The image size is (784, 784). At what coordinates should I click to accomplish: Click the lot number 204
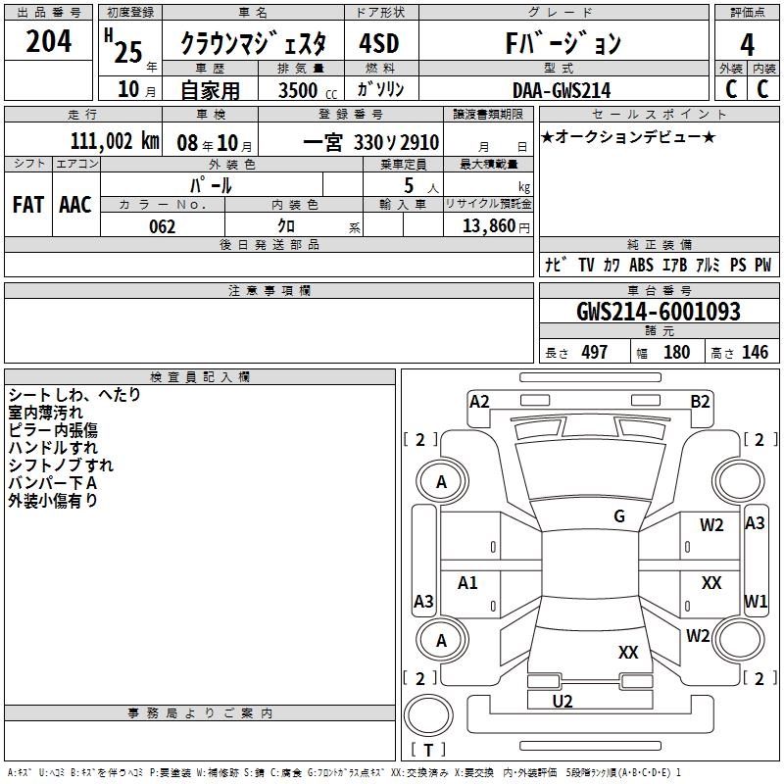(49, 41)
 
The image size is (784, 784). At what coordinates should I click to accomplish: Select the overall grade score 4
(748, 44)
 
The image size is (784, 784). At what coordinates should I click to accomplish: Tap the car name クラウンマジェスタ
(261, 44)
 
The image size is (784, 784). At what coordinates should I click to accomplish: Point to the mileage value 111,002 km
(115, 141)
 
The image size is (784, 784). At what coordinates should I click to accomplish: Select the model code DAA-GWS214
(562, 90)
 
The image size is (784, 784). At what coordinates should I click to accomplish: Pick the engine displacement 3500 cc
(303, 90)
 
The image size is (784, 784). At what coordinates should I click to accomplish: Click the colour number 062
(162, 226)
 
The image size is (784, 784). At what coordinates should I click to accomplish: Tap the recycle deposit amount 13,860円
(487, 226)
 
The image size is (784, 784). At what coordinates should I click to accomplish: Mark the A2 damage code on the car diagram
(479, 401)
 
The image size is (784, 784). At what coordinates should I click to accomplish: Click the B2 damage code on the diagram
(700, 401)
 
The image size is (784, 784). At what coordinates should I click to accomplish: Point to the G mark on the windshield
(619, 516)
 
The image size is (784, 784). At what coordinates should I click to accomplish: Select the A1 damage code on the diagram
(468, 583)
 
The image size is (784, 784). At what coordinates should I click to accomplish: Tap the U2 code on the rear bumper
(563, 701)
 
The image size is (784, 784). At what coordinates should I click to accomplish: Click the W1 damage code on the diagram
(756, 600)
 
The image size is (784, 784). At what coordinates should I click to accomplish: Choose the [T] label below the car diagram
(429, 751)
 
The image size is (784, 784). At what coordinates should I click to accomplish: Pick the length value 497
(594, 353)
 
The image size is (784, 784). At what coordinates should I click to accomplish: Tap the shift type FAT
(28, 204)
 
